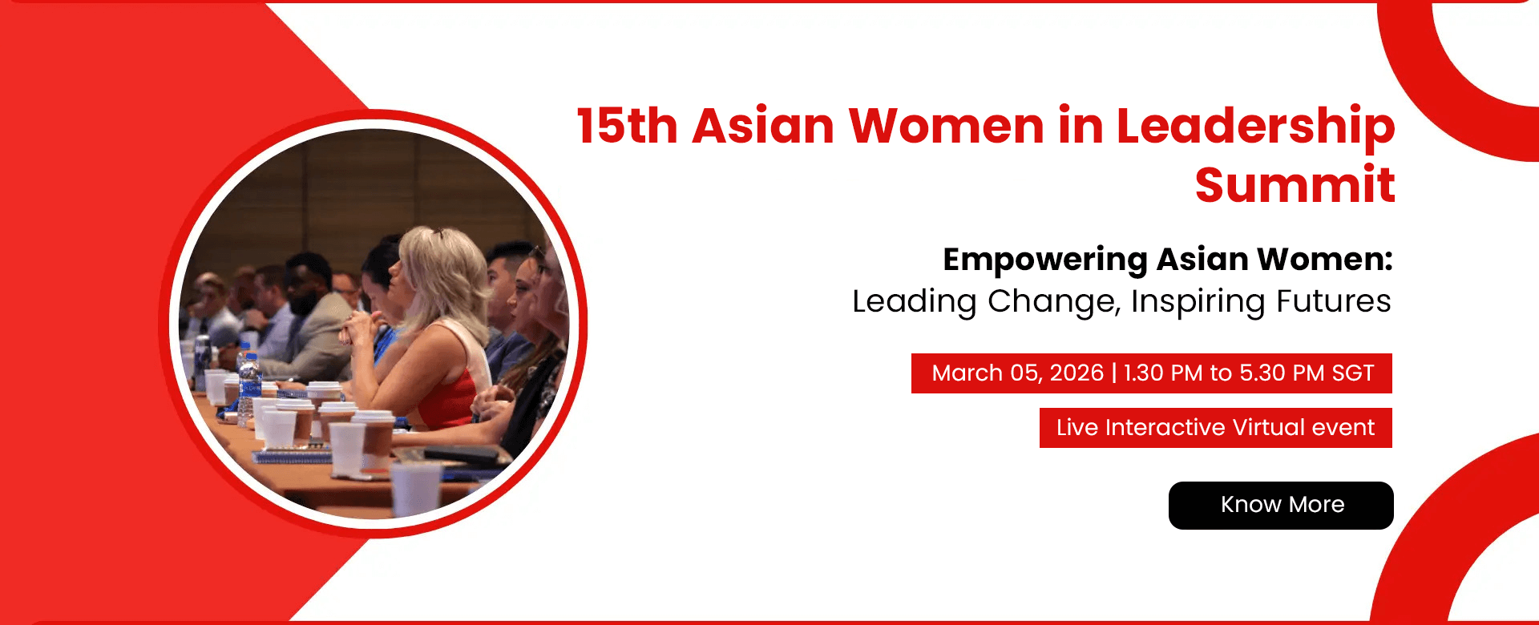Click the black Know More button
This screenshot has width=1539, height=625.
click(x=1281, y=505)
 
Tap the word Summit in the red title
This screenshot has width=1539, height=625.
click(x=1295, y=185)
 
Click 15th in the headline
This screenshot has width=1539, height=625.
click(x=627, y=126)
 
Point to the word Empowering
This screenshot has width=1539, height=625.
click(x=1044, y=260)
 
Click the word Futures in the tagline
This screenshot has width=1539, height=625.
click(x=1333, y=301)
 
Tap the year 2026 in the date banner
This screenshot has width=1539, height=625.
click(x=1076, y=373)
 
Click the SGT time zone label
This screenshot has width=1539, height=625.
click(x=1353, y=373)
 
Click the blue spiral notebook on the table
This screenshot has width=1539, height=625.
click(x=293, y=458)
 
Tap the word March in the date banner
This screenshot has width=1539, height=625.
click(x=967, y=373)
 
